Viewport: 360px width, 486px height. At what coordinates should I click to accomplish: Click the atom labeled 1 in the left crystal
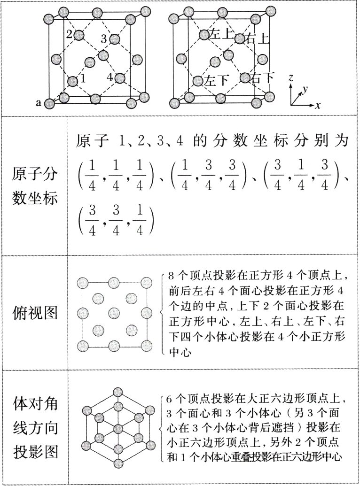[72, 81]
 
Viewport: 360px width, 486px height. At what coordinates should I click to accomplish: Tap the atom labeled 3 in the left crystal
[113, 39]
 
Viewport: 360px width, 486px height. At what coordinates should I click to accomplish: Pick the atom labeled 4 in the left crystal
[119, 77]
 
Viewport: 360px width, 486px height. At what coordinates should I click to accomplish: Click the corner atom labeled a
[49, 103]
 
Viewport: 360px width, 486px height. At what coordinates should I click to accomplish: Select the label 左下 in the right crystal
[217, 80]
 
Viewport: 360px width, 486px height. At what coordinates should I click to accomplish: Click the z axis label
[291, 78]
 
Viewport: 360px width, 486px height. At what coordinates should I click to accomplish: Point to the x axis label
[318, 106]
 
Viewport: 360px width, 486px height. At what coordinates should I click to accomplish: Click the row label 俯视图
[35, 313]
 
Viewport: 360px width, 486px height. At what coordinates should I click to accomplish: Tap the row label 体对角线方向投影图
[35, 426]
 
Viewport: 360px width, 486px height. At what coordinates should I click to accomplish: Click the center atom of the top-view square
[114, 313]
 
